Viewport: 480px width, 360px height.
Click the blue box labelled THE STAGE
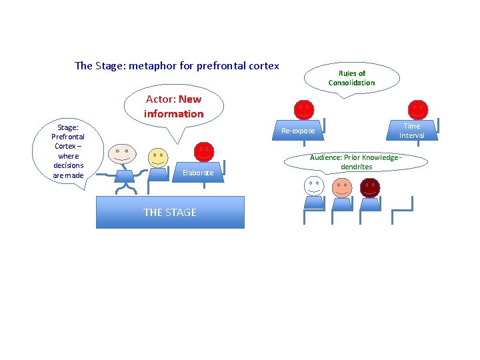coord(170,212)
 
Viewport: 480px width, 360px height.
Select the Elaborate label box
coord(198,172)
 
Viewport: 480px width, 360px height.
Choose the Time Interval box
coord(412,131)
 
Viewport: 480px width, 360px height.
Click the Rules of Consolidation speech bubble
coord(351,78)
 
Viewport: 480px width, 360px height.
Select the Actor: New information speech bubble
coord(173,107)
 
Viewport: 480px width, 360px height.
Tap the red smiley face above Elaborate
coord(204,151)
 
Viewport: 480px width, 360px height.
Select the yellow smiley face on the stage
coord(158,157)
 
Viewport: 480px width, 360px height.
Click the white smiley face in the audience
coord(314,185)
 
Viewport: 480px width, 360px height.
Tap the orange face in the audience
coord(343,187)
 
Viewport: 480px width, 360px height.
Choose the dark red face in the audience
coord(369,187)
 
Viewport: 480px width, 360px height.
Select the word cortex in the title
coord(263,65)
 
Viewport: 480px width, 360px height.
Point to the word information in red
coord(173,114)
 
